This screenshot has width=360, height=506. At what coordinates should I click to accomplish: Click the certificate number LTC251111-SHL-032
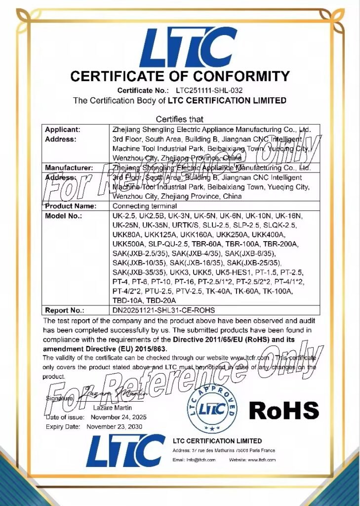pyautogui.click(x=205, y=90)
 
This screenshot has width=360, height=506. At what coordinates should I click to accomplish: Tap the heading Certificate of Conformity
pyautogui.click(x=180, y=76)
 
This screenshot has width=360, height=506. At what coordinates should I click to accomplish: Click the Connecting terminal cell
pyautogui.click(x=140, y=206)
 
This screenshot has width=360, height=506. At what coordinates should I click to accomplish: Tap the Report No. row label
pyautogui.click(x=64, y=310)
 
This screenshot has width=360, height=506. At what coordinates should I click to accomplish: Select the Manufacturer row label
pyautogui.click(x=69, y=168)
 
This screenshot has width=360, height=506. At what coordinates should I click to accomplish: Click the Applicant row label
pyautogui.click(x=63, y=129)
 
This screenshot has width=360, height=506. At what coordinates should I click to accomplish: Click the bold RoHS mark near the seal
pyautogui.click(x=283, y=410)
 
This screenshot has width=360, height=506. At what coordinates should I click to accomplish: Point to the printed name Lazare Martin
pyautogui.click(x=112, y=408)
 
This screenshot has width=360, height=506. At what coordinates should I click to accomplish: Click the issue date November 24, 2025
pyautogui.click(x=117, y=417)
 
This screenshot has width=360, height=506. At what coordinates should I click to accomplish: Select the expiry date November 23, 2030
pyautogui.click(x=114, y=426)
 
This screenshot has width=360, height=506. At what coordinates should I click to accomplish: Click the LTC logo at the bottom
pyautogui.click(x=125, y=451)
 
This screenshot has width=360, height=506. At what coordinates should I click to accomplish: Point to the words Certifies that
pyautogui.click(x=180, y=119)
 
